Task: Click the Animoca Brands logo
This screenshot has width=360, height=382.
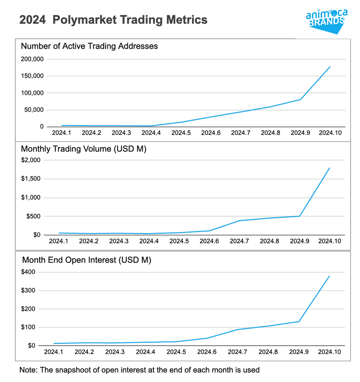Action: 326,21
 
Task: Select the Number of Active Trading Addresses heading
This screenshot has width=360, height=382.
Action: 89,46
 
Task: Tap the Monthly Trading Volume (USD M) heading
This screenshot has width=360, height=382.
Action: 84,149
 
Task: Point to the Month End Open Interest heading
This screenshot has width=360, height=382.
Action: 86,260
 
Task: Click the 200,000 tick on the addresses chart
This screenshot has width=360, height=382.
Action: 32,59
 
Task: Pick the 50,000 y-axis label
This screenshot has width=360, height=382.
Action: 34,110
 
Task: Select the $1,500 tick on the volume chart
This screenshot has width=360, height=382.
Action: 31,179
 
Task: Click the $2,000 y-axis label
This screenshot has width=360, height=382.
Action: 31,160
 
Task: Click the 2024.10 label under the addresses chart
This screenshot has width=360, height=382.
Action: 330,133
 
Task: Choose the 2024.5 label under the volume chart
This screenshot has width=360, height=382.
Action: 179,241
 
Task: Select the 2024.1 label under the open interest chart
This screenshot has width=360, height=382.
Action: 54,352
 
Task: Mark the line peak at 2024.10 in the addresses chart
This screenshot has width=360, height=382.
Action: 330,67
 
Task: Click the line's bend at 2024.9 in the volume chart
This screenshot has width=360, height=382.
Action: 300,216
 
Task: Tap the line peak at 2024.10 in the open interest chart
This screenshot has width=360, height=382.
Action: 329,276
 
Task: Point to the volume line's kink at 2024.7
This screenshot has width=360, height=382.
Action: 239,221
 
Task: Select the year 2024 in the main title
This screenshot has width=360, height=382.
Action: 32,20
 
